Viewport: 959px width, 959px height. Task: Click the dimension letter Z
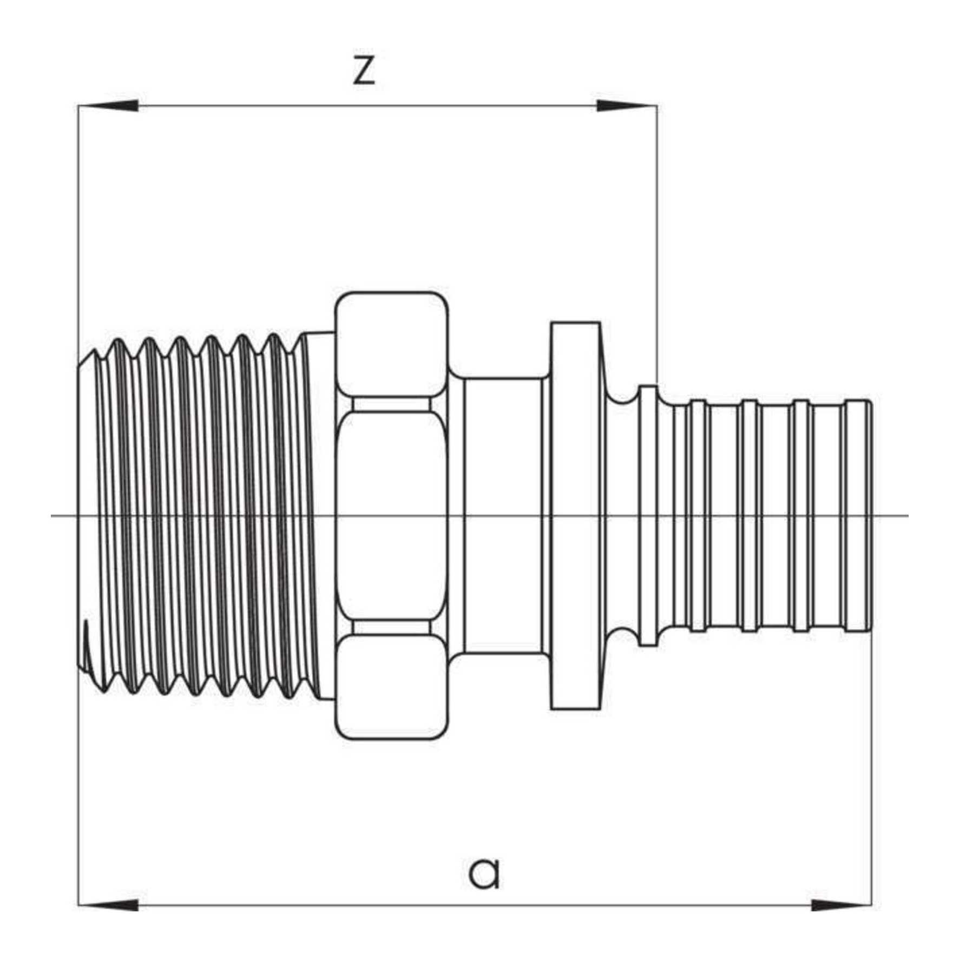pos(364,70)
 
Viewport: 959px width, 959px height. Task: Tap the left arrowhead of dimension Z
pos(108,106)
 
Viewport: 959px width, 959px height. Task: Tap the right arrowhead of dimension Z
pos(627,106)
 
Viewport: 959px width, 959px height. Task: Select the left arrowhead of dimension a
pos(108,904)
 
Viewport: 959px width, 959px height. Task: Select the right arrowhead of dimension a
pos(841,904)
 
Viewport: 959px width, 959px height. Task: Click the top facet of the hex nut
pos(391,344)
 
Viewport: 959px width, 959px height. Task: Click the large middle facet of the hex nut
pos(391,515)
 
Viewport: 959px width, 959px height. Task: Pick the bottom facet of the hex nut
pos(391,686)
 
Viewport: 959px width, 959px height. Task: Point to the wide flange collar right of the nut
pos(575,515)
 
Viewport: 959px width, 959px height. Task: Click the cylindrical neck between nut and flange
pos(503,515)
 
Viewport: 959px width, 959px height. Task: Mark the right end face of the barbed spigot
pos(869,515)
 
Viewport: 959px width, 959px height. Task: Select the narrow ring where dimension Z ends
pos(648,515)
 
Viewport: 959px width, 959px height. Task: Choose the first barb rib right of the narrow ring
pos(698,515)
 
